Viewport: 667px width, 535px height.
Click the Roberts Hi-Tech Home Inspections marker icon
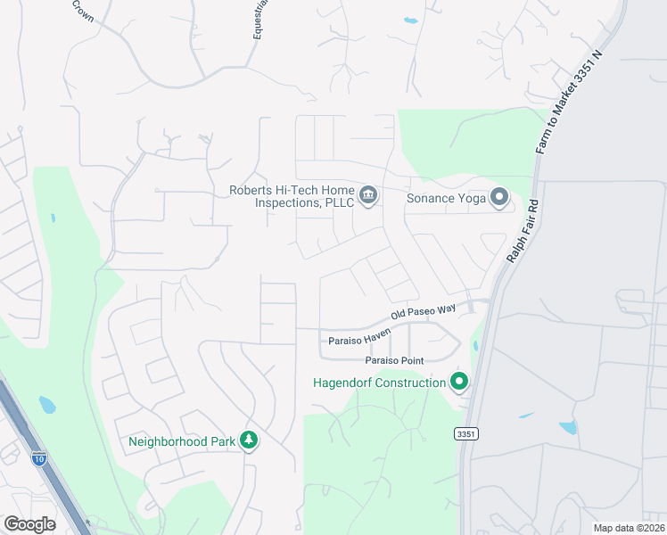pos(367,194)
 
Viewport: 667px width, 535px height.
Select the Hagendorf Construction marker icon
pos(459,383)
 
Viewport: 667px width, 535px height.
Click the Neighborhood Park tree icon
pos(251,440)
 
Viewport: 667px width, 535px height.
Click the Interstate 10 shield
pos(38,458)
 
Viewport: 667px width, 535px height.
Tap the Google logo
pos(29,524)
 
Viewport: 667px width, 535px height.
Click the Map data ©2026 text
pos(629,528)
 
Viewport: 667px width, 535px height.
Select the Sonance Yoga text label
pos(446,198)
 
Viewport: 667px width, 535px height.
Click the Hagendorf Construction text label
pos(379,383)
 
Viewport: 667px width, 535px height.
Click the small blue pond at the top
pos(410,20)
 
